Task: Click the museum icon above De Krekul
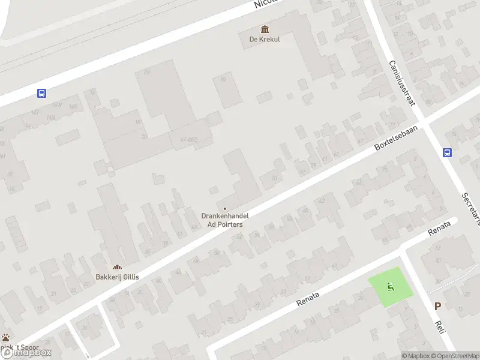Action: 265,29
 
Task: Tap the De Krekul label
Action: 265,40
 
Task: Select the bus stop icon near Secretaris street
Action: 447,152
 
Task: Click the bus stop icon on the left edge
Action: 42,93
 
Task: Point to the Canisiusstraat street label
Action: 402,83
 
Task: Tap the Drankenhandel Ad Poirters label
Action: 225,220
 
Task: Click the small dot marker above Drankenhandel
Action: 225,208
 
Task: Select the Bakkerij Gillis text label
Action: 117,277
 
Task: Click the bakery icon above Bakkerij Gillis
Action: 117,267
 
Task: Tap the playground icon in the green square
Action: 391,287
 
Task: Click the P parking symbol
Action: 438,306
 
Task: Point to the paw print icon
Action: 5,338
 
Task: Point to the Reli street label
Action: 439,328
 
